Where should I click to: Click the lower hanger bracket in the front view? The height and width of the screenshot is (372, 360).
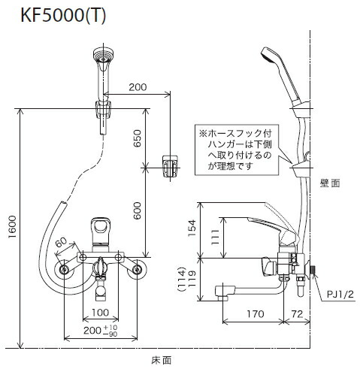(171, 166)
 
